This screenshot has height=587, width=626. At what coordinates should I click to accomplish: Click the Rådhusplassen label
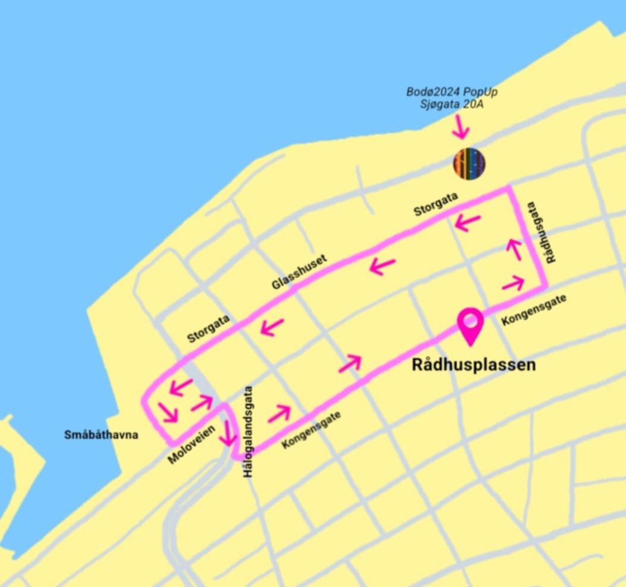tap(474, 364)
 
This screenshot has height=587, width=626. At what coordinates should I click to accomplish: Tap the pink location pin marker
tap(470, 325)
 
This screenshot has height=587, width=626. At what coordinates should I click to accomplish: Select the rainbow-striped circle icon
tap(470, 163)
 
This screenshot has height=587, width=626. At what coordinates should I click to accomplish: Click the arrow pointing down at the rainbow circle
tap(460, 126)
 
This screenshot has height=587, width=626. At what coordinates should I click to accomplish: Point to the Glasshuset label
tap(299, 272)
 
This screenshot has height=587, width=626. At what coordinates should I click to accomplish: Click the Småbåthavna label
tap(101, 435)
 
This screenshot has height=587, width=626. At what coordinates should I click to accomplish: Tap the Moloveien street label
tap(191, 448)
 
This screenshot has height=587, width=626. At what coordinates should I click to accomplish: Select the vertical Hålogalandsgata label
tap(248, 431)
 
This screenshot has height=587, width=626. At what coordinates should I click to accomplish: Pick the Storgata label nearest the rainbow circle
tap(436, 205)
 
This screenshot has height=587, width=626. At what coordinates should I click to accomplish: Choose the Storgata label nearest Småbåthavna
tap(209, 328)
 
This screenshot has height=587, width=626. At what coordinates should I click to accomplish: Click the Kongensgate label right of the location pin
tap(533, 309)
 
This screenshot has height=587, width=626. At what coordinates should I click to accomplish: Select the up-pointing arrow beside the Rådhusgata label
tap(514, 249)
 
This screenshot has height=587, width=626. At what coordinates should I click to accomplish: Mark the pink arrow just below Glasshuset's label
tap(383, 265)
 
